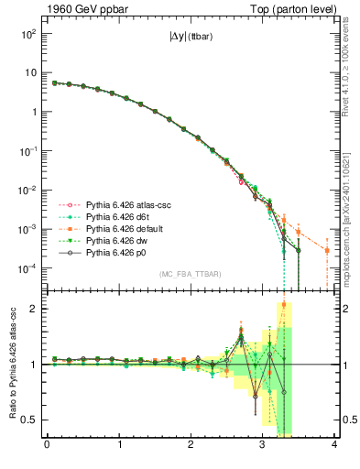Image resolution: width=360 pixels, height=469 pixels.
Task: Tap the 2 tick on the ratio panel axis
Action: [34, 309]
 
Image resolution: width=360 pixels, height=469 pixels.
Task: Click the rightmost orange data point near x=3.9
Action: [327, 250]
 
